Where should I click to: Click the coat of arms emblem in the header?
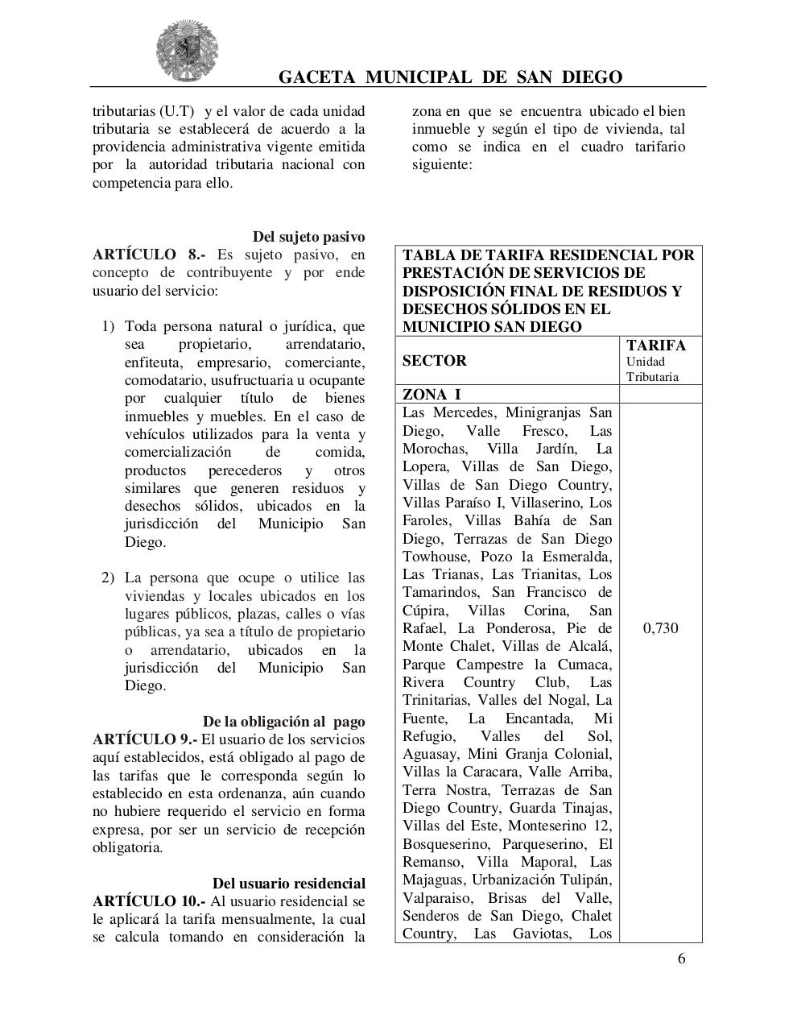[187, 51]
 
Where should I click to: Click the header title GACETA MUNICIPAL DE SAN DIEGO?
[450, 77]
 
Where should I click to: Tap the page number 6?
[681, 958]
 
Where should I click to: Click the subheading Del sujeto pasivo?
[308, 237]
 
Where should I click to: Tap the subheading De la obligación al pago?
[283, 722]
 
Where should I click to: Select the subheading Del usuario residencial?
[288, 884]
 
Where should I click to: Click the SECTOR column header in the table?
[434, 361]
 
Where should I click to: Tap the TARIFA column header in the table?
[656, 346]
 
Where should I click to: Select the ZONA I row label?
[432, 395]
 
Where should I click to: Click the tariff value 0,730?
[660, 628]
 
